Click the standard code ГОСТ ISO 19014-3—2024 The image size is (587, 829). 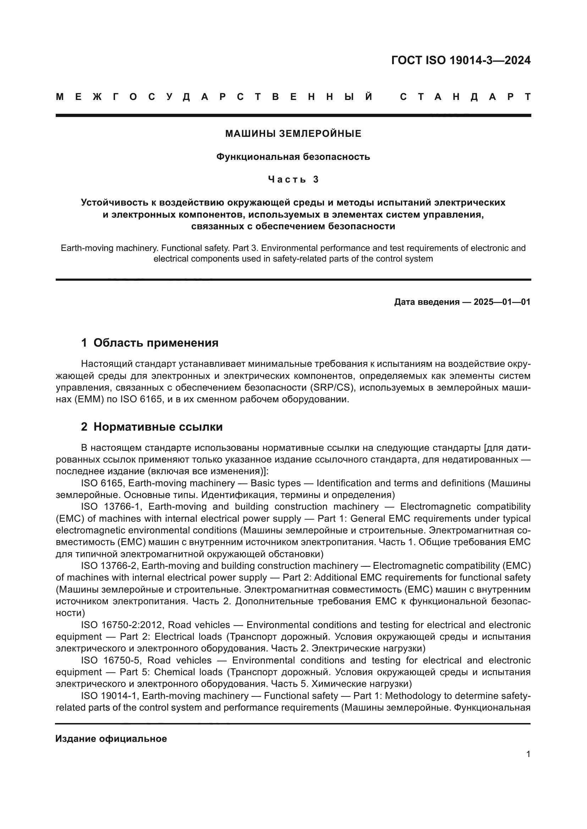click(461, 60)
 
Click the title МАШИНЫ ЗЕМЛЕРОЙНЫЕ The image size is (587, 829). click(293, 134)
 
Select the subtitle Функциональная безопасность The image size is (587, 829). click(293, 157)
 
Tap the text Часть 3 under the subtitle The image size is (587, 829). click(293, 179)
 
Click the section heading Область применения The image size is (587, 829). click(156, 343)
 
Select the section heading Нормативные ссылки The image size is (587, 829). click(158, 427)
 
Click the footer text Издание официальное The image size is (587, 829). click(111, 739)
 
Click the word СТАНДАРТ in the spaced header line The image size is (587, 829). click(465, 97)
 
